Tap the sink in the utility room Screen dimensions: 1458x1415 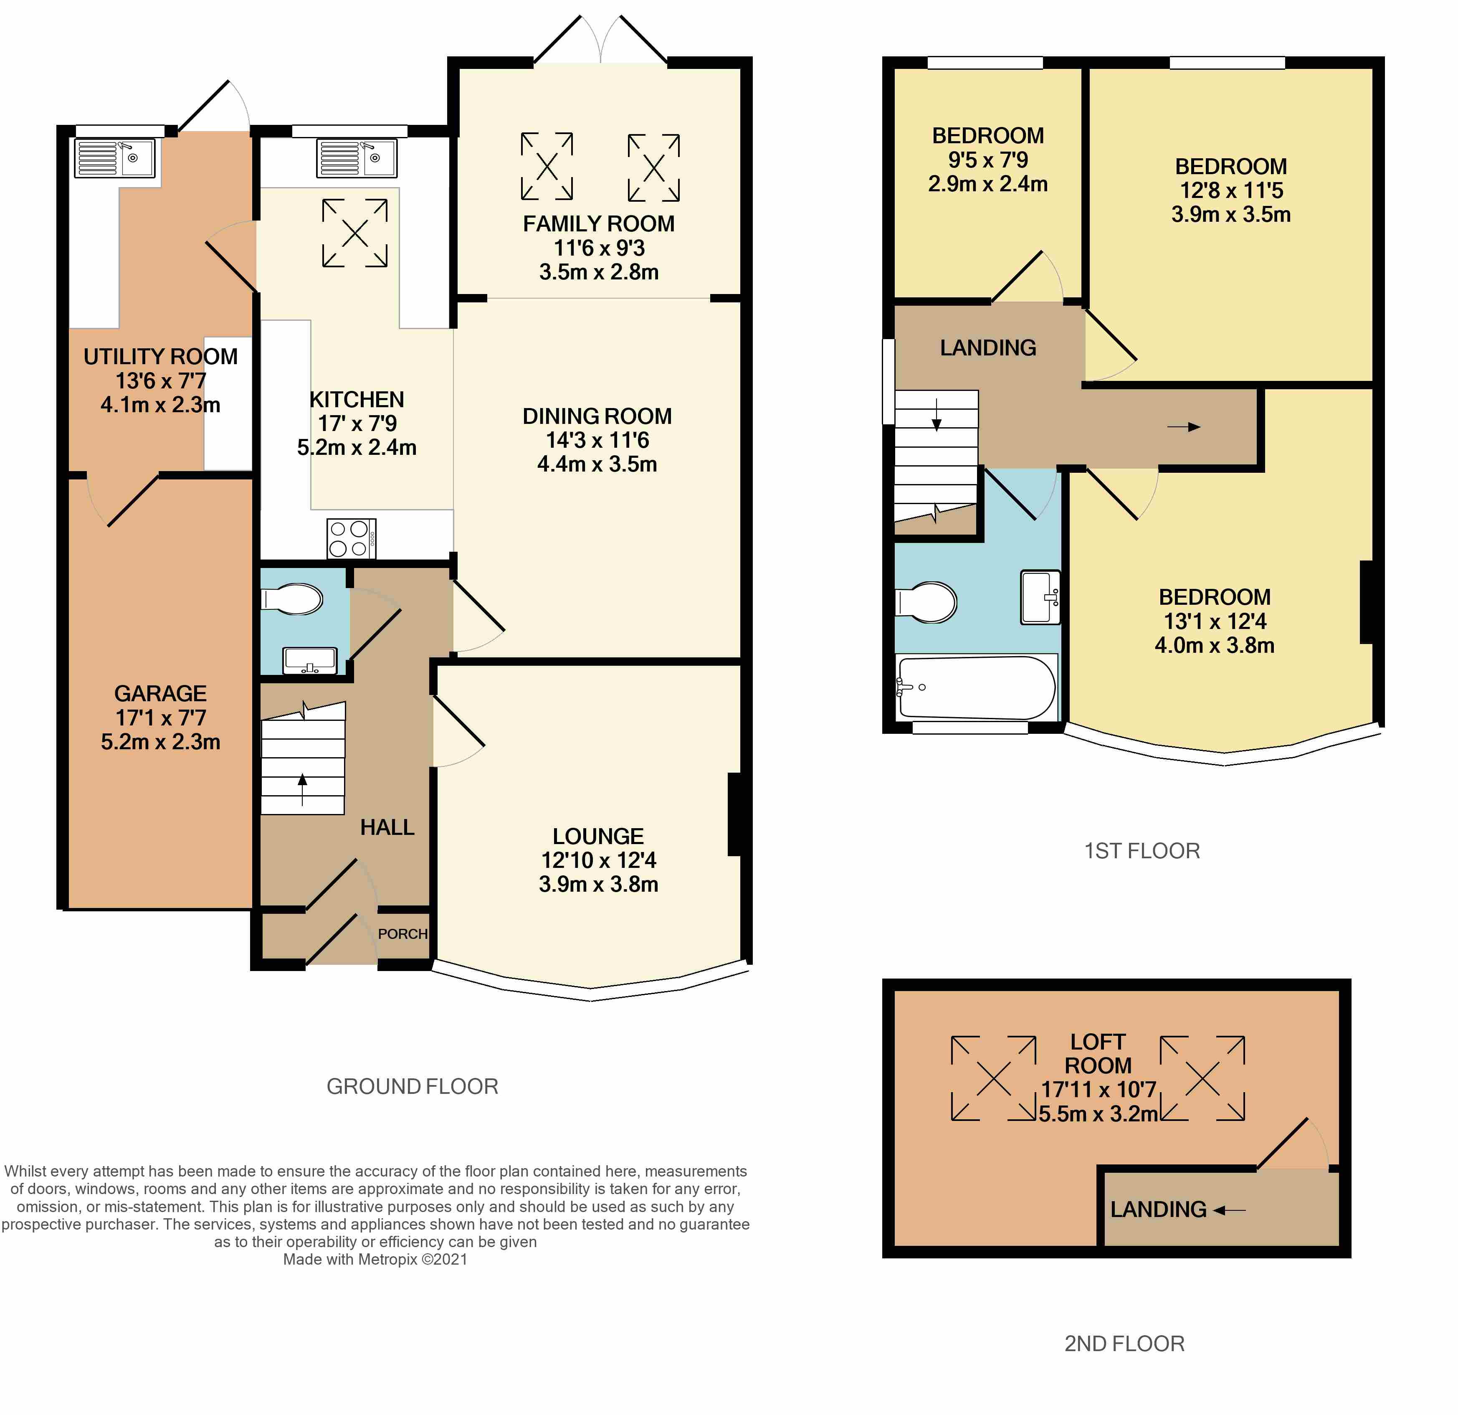tap(114, 158)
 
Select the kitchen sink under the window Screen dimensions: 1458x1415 tap(356, 158)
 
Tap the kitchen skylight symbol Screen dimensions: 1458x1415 tap(355, 233)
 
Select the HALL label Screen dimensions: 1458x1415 tap(387, 827)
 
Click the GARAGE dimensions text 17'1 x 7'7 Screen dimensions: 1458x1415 tap(161, 718)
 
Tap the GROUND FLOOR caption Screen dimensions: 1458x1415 tap(412, 1087)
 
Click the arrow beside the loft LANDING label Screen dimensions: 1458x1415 tap(1230, 1210)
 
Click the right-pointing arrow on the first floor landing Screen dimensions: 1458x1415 tap(1184, 427)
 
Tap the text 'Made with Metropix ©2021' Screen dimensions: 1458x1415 tap(376, 1260)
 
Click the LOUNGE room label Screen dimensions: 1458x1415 tap(598, 836)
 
